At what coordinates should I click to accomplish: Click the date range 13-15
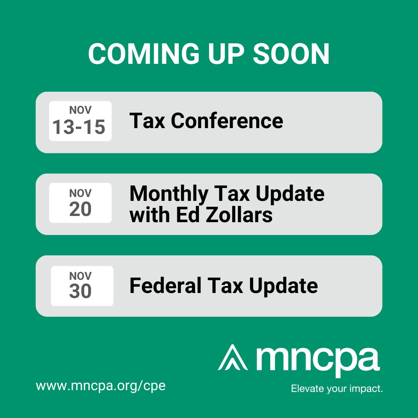[79, 127]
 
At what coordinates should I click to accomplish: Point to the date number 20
[81, 209]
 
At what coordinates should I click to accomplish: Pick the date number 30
[81, 291]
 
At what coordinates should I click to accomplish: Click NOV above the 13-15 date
[81, 110]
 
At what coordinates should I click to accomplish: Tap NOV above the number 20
[81, 193]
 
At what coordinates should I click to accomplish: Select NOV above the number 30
[81, 276]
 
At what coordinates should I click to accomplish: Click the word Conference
[227, 121]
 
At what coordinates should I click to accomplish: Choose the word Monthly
[169, 194]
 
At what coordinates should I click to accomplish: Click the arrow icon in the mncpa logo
[233, 357]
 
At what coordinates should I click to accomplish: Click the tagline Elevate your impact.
[337, 388]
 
